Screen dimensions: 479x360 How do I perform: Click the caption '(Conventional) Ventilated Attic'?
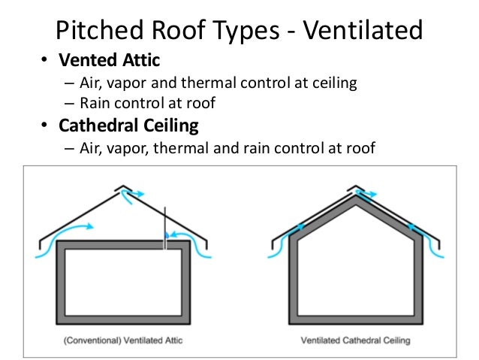point(123,340)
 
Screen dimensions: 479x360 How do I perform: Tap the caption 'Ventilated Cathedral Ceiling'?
point(357,340)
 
